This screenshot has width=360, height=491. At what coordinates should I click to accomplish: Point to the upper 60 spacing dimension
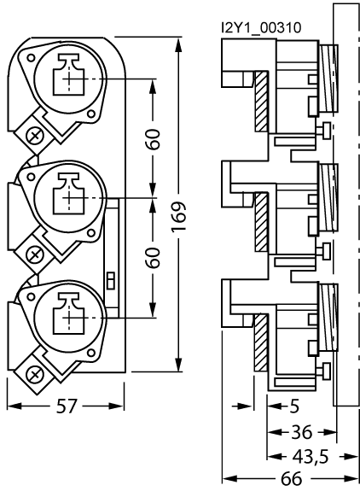point(154,140)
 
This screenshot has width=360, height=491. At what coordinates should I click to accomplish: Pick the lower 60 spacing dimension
point(154,257)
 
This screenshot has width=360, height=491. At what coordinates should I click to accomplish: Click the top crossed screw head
point(35,137)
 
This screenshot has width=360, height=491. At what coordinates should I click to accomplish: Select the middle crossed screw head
point(35,254)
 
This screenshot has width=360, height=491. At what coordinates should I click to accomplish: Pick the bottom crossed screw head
point(35,372)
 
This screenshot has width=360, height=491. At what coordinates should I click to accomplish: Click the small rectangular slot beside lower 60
point(111,279)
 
